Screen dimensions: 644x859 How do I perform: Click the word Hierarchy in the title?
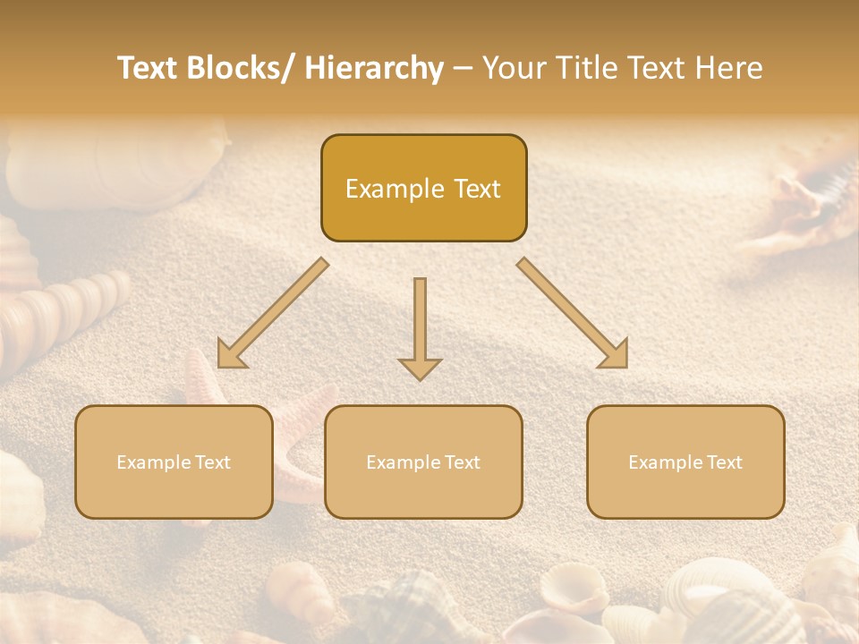click(x=373, y=68)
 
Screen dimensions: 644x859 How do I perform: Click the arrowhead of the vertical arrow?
click(x=420, y=368)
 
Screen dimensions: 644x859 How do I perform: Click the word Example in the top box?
click(x=395, y=189)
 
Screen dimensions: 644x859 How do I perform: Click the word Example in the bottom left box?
click(x=153, y=462)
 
